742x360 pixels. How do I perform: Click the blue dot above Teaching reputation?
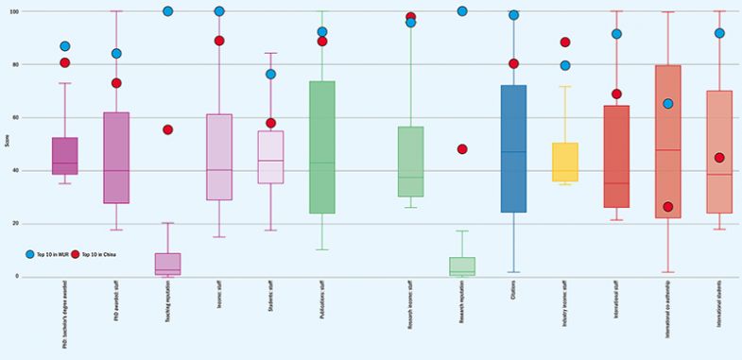167,11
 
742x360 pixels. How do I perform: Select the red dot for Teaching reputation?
167,129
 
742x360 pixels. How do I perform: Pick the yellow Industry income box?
564,162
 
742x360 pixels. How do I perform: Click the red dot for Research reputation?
462,149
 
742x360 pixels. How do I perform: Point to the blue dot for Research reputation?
462,11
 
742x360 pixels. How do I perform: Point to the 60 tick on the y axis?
15,117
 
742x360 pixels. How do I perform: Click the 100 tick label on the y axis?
13,11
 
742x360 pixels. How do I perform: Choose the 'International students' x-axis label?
719,310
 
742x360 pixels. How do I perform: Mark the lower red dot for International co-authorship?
667,207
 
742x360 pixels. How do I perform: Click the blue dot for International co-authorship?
667,104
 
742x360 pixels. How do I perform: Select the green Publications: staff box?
322,146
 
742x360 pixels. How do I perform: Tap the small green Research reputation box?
462,266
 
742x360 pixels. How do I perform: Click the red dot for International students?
719,158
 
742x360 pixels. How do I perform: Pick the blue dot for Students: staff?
270,74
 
